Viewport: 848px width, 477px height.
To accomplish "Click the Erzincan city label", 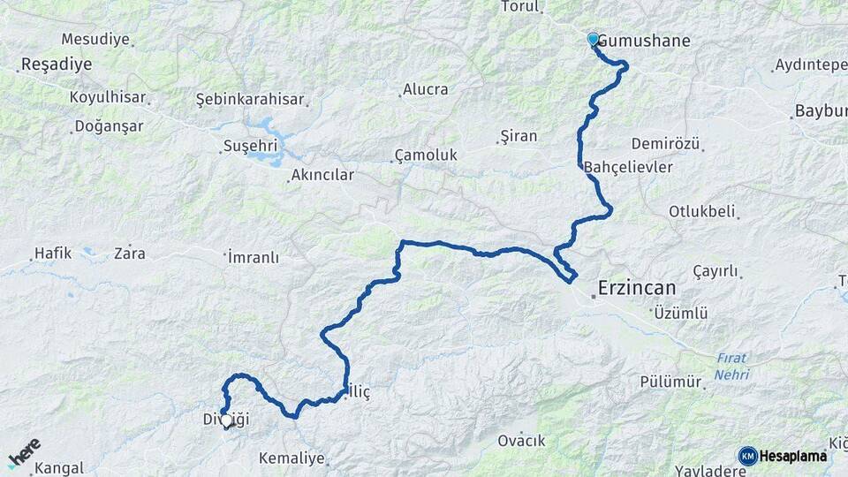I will [x=636, y=288].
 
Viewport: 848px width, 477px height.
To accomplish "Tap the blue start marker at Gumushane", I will [x=593, y=40].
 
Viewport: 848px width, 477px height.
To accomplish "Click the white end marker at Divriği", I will [x=227, y=421].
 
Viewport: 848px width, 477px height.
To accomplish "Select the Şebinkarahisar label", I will [x=250, y=100].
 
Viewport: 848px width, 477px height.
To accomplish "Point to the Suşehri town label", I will [x=250, y=146].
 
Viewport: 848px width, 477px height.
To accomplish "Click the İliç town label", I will [x=360, y=390].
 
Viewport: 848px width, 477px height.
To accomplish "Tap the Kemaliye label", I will [x=291, y=459].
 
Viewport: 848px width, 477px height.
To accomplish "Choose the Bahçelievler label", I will [x=629, y=167].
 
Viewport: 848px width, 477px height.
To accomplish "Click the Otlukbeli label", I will [x=703, y=212].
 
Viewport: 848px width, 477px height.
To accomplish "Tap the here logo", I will [x=24, y=452].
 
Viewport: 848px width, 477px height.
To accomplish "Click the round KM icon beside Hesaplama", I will [x=748, y=456].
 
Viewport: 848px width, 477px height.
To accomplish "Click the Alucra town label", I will [x=425, y=89].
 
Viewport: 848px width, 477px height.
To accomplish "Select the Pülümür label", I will [x=671, y=382].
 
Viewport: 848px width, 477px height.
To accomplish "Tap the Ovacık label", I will [x=521, y=441].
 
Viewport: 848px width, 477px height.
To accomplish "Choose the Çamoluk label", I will [x=426, y=155].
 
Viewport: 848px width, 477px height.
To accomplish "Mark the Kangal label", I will [x=59, y=468].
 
